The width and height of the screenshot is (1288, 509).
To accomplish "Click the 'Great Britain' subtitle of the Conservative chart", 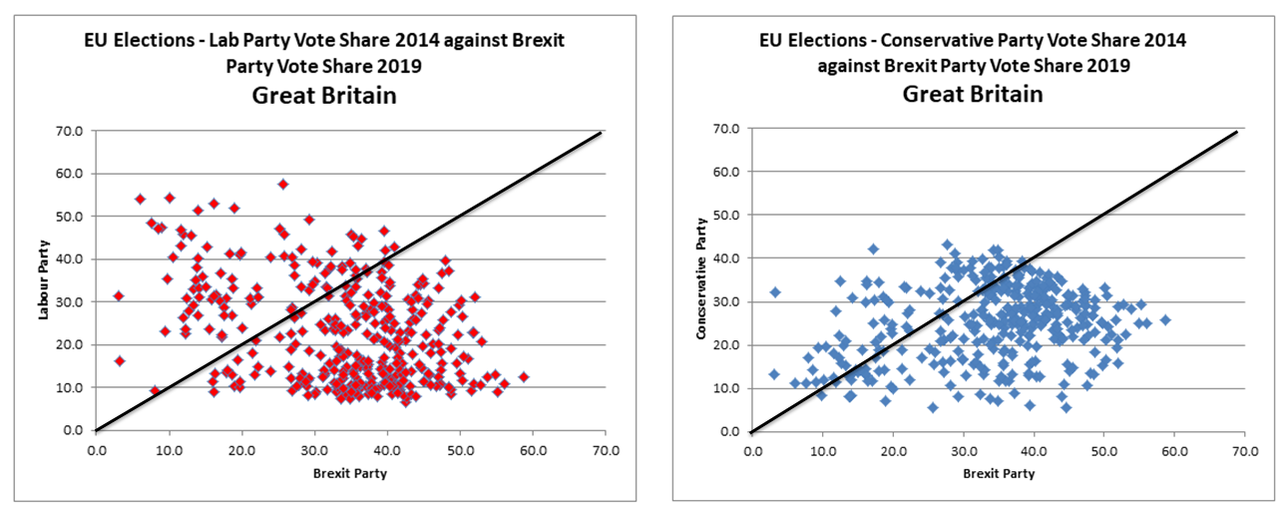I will pyautogui.click(x=973, y=95).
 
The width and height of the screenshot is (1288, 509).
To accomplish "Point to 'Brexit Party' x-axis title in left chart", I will pyautogui.click(x=348, y=473).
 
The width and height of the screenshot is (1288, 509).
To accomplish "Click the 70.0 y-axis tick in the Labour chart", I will pyautogui.click(x=70, y=130).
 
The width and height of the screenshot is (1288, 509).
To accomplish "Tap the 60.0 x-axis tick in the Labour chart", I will pyautogui.click(x=532, y=450).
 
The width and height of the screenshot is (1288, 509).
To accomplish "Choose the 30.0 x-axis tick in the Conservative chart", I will pyautogui.click(x=963, y=450).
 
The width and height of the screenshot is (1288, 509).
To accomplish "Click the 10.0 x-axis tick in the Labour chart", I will pyautogui.click(x=169, y=450).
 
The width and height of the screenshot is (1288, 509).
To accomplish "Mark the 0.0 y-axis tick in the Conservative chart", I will pyautogui.click(x=731, y=431).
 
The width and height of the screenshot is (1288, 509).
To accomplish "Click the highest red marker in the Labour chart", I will pyautogui.click(x=283, y=184).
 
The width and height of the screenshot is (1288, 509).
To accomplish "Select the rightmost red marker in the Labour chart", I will pyautogui.click(x=523, y=377).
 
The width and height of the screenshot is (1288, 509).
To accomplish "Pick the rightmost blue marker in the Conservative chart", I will pyautogui.click(x=1164, y=320).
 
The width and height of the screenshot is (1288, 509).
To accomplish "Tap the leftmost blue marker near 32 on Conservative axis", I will pyautogui.click(x=774, y=292).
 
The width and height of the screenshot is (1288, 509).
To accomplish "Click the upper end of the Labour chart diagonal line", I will pyautogui.click(x=601, y=132).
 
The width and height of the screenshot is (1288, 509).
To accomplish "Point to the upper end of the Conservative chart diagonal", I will pyautogui.click(x=1237, y=132).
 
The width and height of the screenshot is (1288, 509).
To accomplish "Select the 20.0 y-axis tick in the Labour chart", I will pyautogui.click(x=70, y=344).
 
